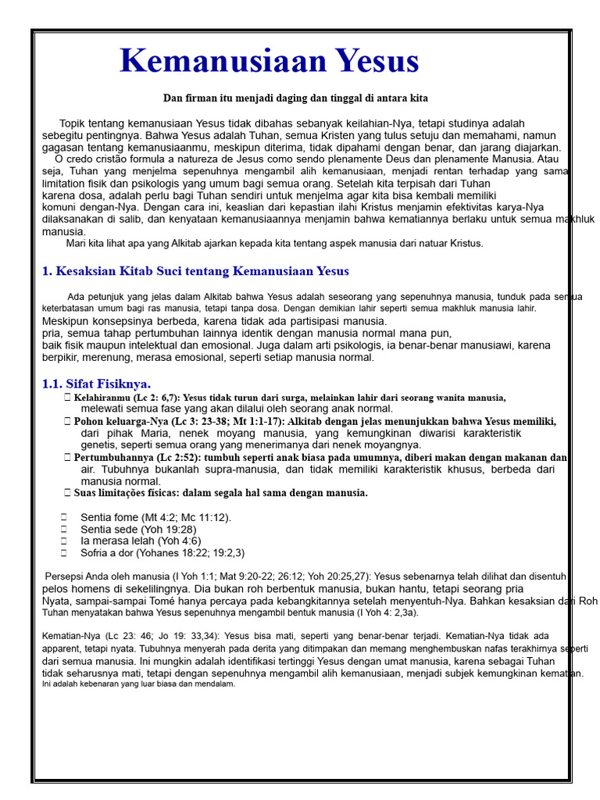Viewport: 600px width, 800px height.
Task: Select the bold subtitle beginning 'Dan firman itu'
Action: pos(295,98)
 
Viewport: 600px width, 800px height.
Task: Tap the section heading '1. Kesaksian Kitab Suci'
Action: pos(195,271)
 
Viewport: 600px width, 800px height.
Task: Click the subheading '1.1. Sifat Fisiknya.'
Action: pos(96,384)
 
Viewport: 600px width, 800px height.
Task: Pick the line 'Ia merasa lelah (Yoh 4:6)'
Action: pos(141,541)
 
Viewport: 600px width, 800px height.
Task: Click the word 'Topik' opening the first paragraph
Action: pos(73,123)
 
